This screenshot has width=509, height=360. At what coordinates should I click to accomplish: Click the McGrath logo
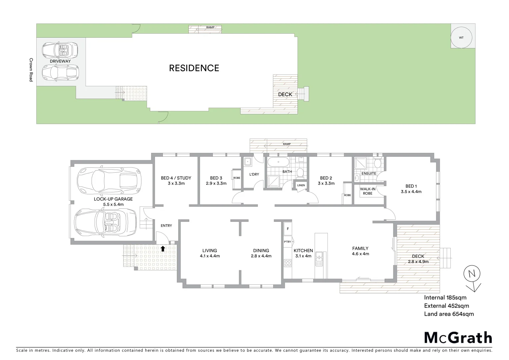458,338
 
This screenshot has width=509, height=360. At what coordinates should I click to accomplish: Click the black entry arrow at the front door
163,248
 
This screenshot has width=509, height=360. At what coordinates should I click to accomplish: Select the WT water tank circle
461,38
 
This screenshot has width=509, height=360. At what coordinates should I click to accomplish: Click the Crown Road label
31,70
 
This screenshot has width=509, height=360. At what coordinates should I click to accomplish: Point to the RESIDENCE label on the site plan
194,68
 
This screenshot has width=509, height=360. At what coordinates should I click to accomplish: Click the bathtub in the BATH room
278,163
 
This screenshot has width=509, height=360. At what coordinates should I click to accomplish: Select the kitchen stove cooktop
287,263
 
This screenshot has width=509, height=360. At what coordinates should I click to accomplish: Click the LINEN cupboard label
301,185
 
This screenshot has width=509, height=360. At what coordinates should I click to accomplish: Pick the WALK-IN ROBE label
367,191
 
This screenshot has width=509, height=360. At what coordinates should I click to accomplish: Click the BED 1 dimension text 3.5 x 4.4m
411,192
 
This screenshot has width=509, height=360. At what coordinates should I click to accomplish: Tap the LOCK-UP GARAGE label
108,199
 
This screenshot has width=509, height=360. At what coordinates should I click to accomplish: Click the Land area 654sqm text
449,314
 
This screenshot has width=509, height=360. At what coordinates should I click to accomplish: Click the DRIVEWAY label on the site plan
60,61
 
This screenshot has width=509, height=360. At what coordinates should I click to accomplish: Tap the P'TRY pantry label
287,242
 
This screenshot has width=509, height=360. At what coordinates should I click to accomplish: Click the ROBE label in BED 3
237,178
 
